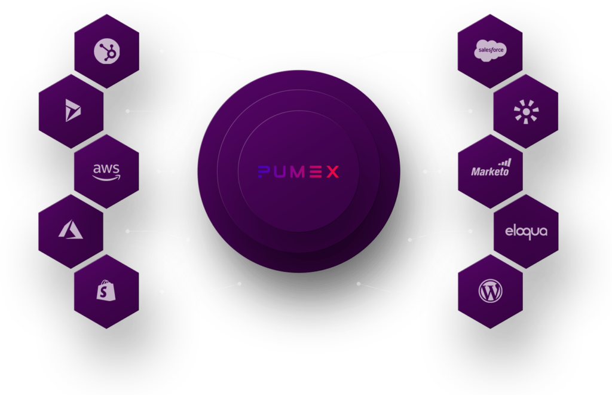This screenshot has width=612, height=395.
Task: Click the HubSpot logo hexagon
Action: tap(106, 51)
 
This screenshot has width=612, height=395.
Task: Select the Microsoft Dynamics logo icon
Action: tap(72, 111)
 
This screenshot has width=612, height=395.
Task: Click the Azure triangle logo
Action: tap(71, 229)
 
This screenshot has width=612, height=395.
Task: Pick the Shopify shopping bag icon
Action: tap(106, 290)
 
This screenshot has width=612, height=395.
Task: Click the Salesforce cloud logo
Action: tap(490, 51)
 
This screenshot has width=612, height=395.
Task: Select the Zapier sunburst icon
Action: tap(526, 111)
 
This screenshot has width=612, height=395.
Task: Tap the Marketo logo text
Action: tap(490, 172)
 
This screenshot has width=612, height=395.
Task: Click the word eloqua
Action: tap(526, 231)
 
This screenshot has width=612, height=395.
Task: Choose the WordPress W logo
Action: tap(490, 291)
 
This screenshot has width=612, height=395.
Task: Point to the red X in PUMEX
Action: tap(332, 172)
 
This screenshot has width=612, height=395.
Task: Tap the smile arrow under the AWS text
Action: tap(107, 177)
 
